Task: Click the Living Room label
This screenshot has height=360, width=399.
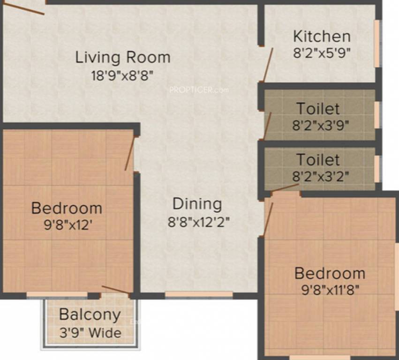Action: (x=123, y=58)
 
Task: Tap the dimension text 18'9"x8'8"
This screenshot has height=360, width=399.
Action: (x=123, y=75)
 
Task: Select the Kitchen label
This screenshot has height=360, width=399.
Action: (x=321, y=36)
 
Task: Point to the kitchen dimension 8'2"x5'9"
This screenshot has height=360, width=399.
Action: (x=321, y=52)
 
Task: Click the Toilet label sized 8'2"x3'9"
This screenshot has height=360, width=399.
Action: (x=318, y=109)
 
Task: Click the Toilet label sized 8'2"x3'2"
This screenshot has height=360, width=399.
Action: (x=318, y=160)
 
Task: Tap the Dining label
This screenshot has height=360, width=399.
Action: (x=197, y=204)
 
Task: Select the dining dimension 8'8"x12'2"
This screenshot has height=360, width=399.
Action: (x=199, y=221)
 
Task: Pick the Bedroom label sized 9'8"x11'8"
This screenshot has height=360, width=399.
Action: (x=330, y=273)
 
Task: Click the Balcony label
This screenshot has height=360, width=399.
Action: (x=90, y=315)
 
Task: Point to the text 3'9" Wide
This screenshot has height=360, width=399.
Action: (x=90, y=333)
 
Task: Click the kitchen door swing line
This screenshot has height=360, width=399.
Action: (x=267, y=65)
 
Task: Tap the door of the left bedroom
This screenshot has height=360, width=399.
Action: (x=130, y=153)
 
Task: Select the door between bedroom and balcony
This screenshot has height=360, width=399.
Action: (x=116, y=290)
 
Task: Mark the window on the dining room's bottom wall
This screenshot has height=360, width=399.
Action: (x=199, y=295)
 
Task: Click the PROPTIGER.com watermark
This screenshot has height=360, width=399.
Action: (x=199, y=89)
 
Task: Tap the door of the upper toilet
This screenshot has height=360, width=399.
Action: (x=267, y=126)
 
